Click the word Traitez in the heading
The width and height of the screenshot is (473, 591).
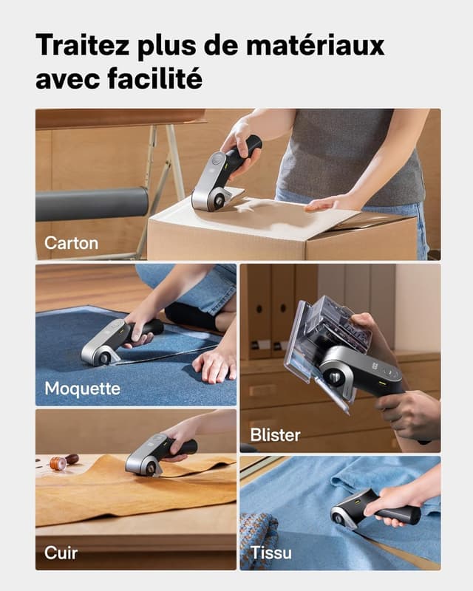[x=83, y=44]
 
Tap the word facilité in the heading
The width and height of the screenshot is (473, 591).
[x=154, y=78]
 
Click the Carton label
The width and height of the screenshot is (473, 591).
[x=71, y=243]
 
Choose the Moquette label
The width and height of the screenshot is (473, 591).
[x=83, y=389]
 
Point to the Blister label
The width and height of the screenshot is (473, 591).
[x=276, y=435]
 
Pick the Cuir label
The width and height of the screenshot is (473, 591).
[x=61, y=553]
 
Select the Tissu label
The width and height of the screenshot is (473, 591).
[x=271, y=553]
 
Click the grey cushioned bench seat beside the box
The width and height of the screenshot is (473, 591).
[x=92, y=204]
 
